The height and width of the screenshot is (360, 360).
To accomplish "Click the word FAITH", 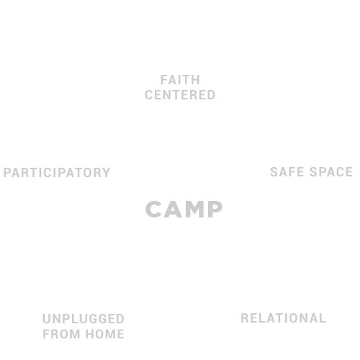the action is point(180,80).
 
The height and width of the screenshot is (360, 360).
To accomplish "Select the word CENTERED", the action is point(180,95).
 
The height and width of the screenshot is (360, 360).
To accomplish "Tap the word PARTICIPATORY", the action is point(57,173).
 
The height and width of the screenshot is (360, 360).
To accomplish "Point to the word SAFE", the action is point(287,172).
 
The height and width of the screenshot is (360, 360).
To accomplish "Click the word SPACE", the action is point(331,172).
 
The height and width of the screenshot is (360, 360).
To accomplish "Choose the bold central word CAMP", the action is point(184,210).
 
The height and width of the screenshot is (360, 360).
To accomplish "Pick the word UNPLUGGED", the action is point(84,319).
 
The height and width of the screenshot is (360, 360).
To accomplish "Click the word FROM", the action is point(61,334).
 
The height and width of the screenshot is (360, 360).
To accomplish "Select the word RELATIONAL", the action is point(283,318).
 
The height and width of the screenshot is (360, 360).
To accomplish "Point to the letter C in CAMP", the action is point(153,210).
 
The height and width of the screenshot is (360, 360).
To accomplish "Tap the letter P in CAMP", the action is point(215,210).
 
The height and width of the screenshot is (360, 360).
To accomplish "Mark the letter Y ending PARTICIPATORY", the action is point(106,173).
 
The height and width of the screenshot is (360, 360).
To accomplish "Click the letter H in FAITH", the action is point(196,80).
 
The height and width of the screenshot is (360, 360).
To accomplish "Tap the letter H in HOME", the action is point(90,334).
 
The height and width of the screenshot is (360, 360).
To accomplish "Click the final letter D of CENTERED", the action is point(211,95).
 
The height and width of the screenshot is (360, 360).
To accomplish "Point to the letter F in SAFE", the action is point(292,172).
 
